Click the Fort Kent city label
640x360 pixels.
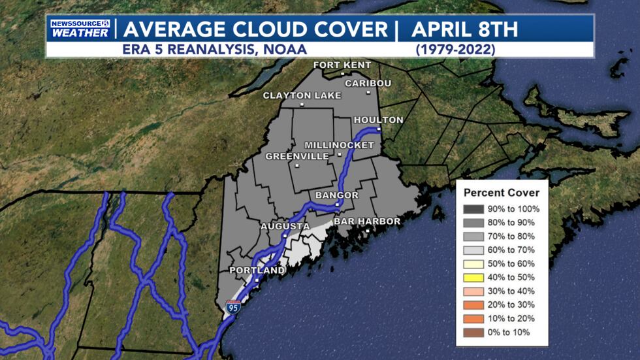click(342, 65)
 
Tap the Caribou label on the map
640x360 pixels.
click(368, 84)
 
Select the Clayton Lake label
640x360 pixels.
click(302, 95)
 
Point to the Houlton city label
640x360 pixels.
click(378, 120)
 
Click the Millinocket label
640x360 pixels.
click(339, 144)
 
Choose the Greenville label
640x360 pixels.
click(296, 157)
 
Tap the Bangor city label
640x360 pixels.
click(337, 195)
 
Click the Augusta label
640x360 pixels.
click(285, 227)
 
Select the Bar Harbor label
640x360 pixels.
click(367, 221)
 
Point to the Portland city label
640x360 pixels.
click(257, 270)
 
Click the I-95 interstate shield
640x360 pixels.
click(233, 306)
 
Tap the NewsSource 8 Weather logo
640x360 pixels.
click(79, 29)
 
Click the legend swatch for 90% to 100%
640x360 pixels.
click(472, 209)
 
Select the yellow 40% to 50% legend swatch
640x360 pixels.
click(472, 278)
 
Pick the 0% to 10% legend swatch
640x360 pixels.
click(472, 333)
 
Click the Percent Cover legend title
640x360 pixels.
click(502, 193)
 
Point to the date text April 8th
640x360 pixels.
click(464, 29)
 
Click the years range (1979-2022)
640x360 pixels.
click(456, 49)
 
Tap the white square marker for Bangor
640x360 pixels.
click(337, 205)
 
